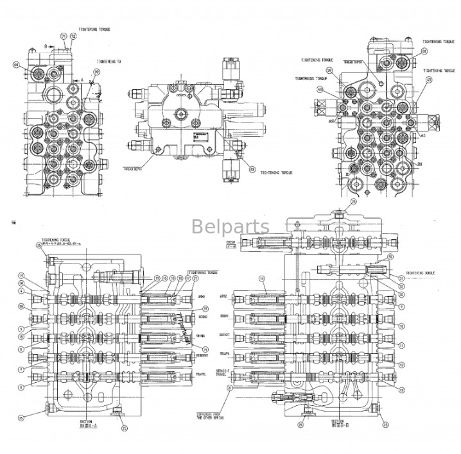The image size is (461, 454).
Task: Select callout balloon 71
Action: point(63,37)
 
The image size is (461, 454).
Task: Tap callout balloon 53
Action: point(252,169)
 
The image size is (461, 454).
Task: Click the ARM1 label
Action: point(201,296)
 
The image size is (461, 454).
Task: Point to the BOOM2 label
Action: point(202,315)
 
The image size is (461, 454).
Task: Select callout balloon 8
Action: point(22,387)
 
